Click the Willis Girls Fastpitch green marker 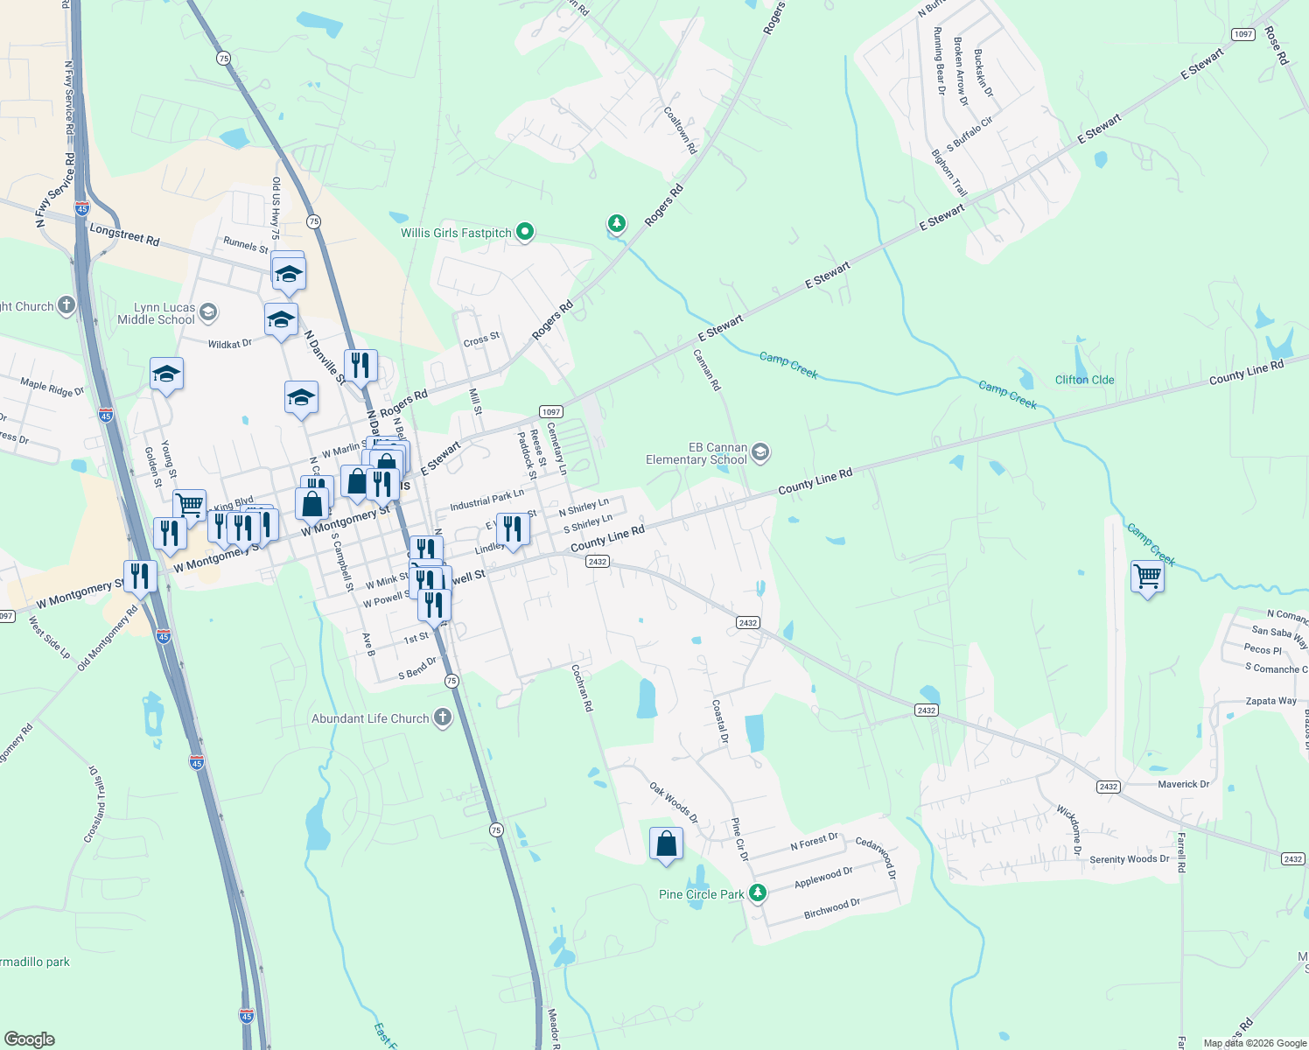[525, 232]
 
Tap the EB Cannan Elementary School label [696, 453]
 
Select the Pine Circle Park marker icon [758, 892]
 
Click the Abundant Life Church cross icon [443, 718]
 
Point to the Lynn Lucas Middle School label [157, 313]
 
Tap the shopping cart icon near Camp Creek [1147, 577]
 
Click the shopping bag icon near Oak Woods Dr [666, 844]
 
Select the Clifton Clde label [1084, 380]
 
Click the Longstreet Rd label [124, 234]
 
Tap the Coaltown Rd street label [680, 131]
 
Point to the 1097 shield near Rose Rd [1242, 34]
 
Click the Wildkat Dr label [229, 344]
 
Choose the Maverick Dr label [1183, 784]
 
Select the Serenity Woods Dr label [1129, 859]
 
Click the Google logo [29, 1039]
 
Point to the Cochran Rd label [582, 688]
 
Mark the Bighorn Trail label [949, 172]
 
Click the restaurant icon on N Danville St [360, 365]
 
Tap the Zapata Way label [1270, 701]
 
